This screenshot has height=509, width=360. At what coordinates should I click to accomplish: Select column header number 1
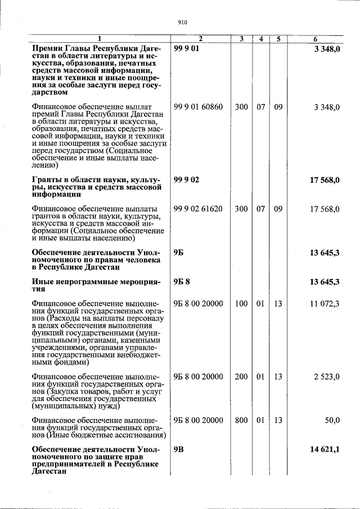[x=100, y=39]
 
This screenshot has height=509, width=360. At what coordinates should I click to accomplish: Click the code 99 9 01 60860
[x=198, y=107]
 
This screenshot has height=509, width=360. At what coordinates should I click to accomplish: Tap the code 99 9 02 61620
[x=198, y=209]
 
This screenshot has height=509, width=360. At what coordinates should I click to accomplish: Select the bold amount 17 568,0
[x=325, y=180]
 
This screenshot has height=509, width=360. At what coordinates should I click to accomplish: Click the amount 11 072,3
[x=325, y=304]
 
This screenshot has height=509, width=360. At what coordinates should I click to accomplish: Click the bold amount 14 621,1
[x=325, y=450]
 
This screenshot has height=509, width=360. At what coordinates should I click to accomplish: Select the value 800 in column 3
[x=241, y=420]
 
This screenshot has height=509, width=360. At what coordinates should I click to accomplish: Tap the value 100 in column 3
[x=241, y=304]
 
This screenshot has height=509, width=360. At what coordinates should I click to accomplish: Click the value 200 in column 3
[x=241, y=377]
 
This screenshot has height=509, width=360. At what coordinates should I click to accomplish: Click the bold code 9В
[x=179, y=450]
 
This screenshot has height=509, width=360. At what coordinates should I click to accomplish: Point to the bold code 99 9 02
[x=187, y=180]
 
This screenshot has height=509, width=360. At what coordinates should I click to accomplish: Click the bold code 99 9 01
[x=187, y=49]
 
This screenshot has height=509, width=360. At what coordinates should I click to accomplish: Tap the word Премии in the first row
[x=49, y=49]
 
